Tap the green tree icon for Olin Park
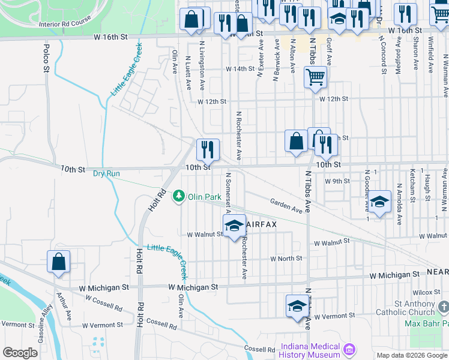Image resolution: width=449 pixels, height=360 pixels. [179, 197]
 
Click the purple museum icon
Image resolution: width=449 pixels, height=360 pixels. [349, 349]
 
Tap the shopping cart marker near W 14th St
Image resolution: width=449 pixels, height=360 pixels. [315, 77]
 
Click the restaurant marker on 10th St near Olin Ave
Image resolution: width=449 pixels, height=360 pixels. [208, 150]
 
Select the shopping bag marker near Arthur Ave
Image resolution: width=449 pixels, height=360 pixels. [58, 262]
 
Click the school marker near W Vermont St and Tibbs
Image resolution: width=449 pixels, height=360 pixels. [297, 307]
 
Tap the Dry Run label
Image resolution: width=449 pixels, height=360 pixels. [106, 173]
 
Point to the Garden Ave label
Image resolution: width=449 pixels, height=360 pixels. [286, 206]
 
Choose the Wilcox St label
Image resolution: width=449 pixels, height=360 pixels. [430, 292]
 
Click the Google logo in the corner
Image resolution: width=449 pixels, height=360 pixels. [20, 353]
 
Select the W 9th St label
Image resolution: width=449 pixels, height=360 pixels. [337, 181]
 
